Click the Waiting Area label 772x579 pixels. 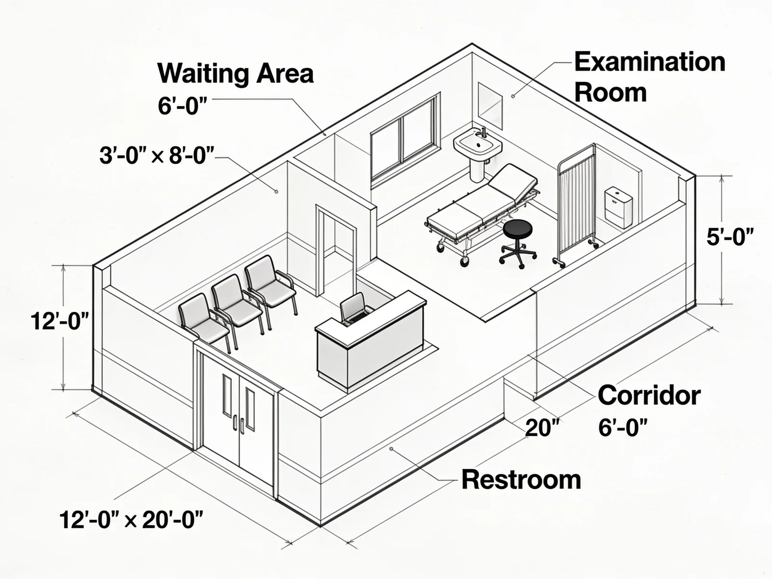click(235, 73)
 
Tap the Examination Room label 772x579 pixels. click(649, 77)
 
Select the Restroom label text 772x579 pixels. click(521, 479)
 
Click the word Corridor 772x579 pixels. click(649, 395)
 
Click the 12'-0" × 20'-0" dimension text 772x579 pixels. click(131, 520)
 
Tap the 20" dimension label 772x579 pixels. click(542, 428)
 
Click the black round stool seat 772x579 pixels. click(517, 229)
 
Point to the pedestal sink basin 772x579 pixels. click(477, 143)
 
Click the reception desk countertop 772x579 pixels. click(371, 318)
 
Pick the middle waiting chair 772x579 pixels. click(236, 305)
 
